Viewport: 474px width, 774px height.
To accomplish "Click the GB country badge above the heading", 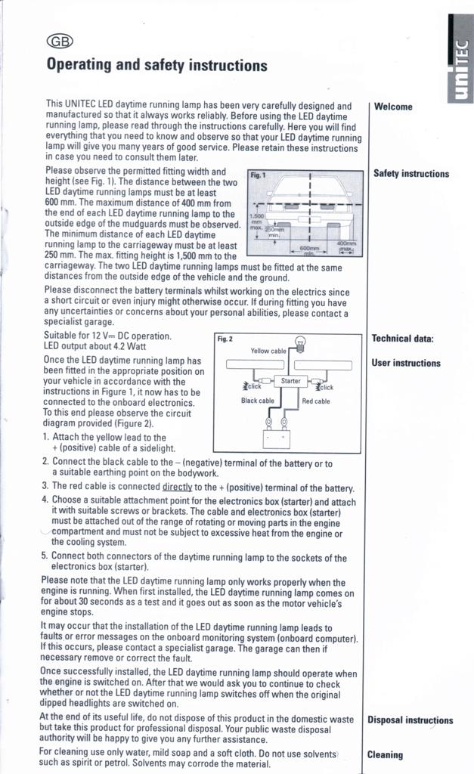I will pos(60,42).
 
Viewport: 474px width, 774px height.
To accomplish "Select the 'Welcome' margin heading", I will pos(393,107).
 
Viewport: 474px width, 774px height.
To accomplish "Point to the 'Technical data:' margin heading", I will pos(402,339).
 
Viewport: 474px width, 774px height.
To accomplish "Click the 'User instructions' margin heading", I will pos(405,363).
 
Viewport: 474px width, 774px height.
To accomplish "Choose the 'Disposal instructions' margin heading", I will pos(410,720).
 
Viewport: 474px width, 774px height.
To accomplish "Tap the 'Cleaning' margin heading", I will pos(385,754).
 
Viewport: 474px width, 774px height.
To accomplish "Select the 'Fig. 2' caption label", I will pos(225,339).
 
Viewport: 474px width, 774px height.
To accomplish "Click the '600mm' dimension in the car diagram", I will pos(311,248).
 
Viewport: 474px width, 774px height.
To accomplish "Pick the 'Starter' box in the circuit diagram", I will pos(291,381).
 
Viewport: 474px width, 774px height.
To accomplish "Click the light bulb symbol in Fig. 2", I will pos(299,345).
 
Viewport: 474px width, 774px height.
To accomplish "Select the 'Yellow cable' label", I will pos(268,351).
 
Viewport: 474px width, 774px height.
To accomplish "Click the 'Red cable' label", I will pos(315,401).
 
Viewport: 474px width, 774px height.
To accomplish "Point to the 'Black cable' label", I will pos(257,401).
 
